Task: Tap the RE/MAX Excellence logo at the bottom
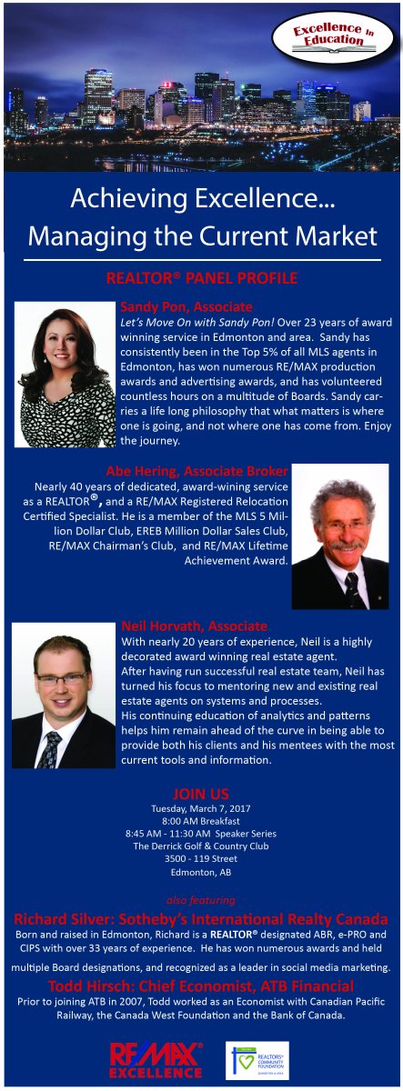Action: click(x=156, y=1059)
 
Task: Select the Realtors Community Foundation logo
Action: click(x=257, y=1059)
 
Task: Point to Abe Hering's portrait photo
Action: click(x=339, y=536)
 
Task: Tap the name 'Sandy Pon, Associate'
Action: click(x=186, y=307)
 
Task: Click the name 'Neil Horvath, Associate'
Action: click(x=194, y=626)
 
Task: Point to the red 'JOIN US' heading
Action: click(x=201, y=793)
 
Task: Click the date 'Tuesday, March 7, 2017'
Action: click(x=201, y=808)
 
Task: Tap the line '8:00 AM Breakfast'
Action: click(x=201, y=821)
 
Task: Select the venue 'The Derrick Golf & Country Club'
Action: click(x=201, y=846)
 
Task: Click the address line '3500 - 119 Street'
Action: click(x=201, y=858)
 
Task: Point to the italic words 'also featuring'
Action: click(x=201, y=900)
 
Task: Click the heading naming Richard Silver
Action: click(x=201, y=917)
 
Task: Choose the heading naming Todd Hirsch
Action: click(x=201, y=986)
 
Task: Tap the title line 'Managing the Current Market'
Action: click(x=201, y=236)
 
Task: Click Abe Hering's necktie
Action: click(x=350, y=589)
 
